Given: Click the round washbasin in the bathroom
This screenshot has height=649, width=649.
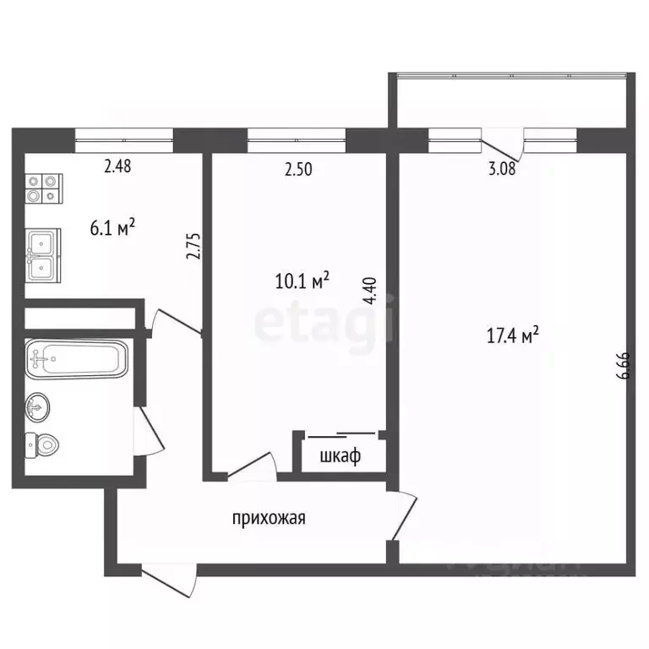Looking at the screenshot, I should (x=37, y=408).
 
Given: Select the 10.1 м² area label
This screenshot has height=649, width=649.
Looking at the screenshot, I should (x=302, y=280).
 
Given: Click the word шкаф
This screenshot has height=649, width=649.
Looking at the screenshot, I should (x=341, y=457).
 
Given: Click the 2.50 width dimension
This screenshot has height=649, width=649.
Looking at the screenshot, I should (x=298, y=169).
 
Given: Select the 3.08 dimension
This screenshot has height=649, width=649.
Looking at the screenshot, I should (x=501, y=169).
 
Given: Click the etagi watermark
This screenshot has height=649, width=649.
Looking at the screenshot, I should (x=324, y=321).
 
